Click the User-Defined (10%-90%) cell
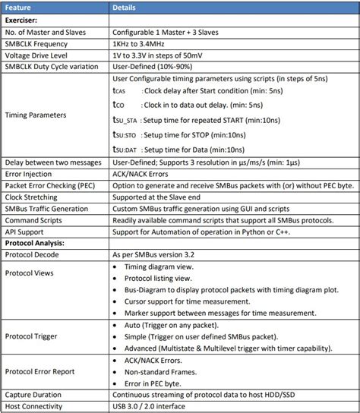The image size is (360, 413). [x=153, y=67]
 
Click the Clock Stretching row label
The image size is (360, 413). [x=35, y=197]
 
